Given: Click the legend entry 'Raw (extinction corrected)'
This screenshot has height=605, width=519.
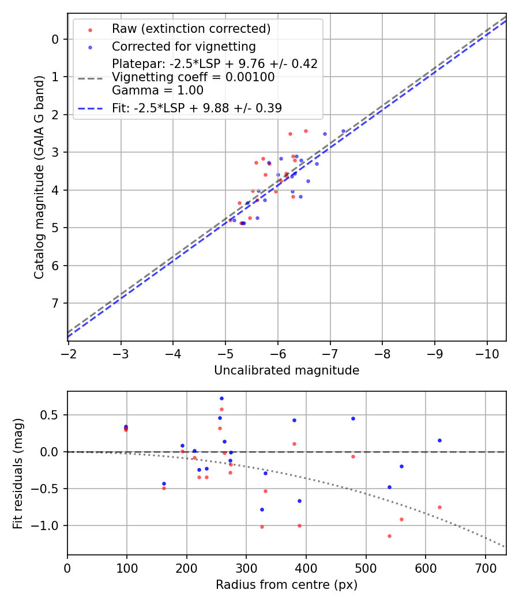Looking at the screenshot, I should tap(191, 29).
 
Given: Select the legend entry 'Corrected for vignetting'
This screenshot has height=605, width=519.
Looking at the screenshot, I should tap(184, 46).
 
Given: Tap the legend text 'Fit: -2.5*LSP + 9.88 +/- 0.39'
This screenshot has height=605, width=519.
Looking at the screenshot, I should tap(197, 108).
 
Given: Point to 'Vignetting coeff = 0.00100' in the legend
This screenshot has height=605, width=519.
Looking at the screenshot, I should tap(193, 77).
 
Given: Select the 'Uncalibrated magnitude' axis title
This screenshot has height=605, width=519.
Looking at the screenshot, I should tap(287, 370).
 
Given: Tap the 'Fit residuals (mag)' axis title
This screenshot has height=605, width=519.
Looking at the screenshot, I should tap(18, 474).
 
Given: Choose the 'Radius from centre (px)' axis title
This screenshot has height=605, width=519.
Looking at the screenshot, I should tap(287, 585).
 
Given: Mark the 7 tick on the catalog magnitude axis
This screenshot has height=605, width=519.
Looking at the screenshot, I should tap(55, 304).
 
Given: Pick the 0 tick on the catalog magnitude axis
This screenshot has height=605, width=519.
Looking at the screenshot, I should tap(55, 39).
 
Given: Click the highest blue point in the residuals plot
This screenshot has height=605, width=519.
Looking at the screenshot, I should tap(221, 398).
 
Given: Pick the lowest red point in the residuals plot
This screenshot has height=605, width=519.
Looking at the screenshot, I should tap(389, 536).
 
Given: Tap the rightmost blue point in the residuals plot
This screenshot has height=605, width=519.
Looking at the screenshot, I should tap(439, 440).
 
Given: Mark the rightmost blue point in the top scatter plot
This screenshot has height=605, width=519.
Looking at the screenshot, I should tap(343, 131).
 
